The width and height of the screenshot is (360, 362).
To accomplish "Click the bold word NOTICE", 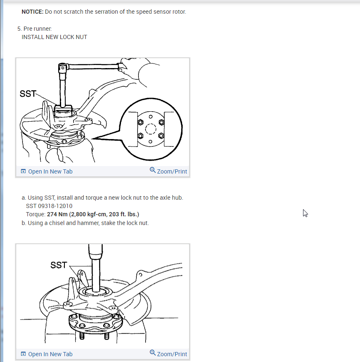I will point(32,12).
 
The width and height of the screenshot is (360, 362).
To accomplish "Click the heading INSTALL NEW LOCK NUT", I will point(54,37).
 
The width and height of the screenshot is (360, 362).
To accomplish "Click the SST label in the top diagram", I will point(28,93).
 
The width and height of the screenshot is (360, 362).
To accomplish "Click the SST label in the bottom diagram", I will point(59,265).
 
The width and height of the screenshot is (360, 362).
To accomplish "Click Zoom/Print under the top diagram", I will point(172,171).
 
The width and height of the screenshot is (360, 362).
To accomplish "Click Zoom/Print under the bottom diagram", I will point(172,354).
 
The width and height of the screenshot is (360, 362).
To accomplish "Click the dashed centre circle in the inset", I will point(150,129).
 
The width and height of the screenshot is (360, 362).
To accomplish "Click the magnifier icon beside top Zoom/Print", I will point(153,171).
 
